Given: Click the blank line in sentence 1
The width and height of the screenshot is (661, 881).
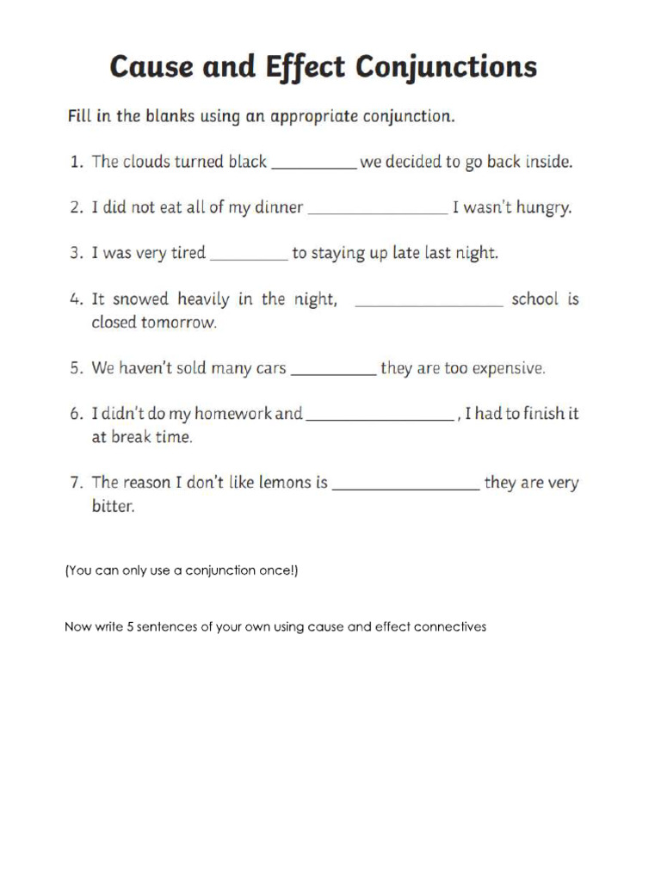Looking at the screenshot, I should pyautogui.click(x=313, y=167).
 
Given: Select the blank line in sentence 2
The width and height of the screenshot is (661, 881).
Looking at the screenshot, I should pyautogui.click(x=378, y=213).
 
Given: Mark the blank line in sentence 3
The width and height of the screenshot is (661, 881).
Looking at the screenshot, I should pyautogui.click(x=249, y=258).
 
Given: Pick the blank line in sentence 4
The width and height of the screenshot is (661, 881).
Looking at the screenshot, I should pyautogui.click(x=429, y=305).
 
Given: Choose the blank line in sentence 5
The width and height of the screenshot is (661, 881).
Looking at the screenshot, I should pyautogui.click(x=334, y=373).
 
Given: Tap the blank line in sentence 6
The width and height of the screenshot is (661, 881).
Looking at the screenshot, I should pyautogui.click(x=380, y=419).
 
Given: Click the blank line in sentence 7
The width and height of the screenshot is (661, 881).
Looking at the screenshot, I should pyautogui.click(x=405, y=488).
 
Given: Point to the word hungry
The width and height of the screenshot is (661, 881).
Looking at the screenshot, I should pyautogui.click(x=542, y=208).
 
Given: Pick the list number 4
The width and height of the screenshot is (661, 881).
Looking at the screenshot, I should pyautogui.click(x=76, y=299).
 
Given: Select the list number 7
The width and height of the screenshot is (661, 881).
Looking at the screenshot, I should pyautogui.click(x=76, y=483).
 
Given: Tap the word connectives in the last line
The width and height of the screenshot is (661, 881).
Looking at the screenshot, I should pyautogui.click(x=449, y=627).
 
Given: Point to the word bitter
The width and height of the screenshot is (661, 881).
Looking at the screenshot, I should pyautogui.click(x=113, y=507).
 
